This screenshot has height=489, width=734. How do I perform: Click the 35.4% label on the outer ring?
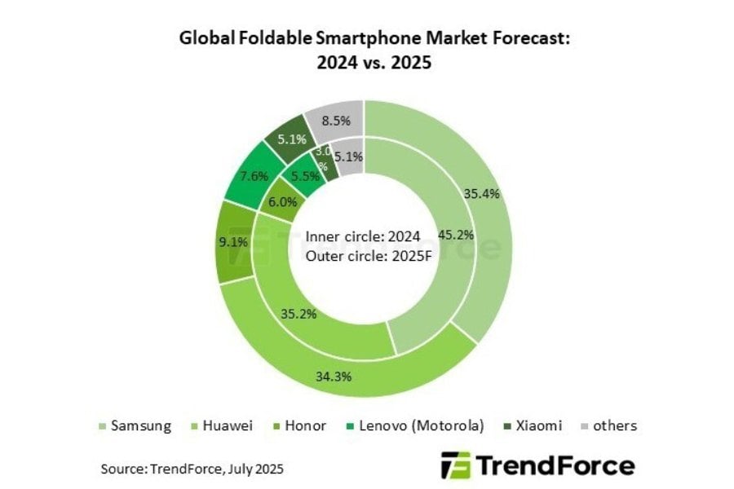pos(482,193)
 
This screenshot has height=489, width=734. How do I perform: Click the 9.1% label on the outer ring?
pos(233,241)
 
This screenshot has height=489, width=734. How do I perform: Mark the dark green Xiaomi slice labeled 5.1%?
pos(290,139)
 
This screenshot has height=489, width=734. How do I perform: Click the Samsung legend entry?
pos(139,425)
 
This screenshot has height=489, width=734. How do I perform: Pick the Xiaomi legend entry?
pos(538,425)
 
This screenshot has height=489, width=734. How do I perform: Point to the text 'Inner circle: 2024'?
pos(363,236)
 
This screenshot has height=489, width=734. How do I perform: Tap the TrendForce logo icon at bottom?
pos(454,465)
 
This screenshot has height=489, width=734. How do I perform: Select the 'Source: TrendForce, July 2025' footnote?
pos(192,469)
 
